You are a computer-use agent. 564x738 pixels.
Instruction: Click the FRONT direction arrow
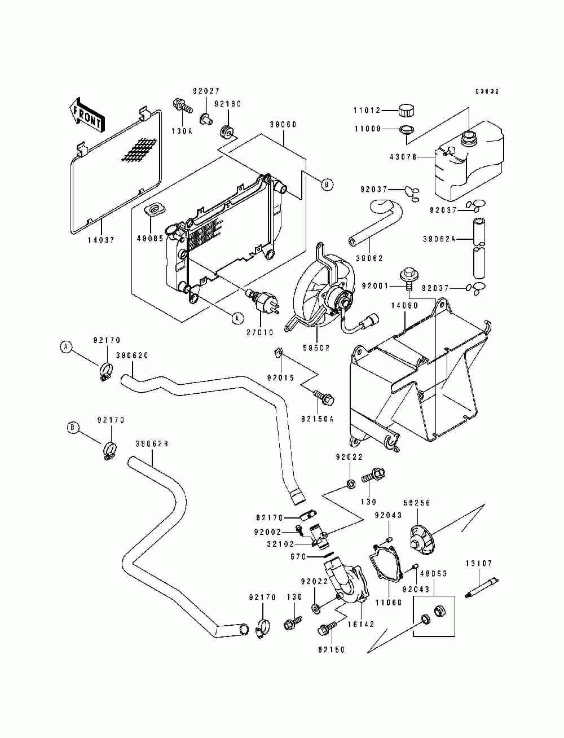(x=86, y=115)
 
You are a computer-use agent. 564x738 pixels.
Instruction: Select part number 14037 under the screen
(x=102, y=240)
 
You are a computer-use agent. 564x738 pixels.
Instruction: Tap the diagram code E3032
(x=487, y=91)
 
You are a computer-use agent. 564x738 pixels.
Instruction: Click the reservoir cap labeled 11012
(x=407, y=110)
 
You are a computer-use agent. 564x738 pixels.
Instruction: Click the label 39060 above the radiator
(x=283, y=125)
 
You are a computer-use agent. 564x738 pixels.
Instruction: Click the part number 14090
(x=405, y=306)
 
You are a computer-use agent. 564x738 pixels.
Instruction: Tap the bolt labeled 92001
(x=407, y=278)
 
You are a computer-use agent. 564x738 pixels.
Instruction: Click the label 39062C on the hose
(x=133, y=355)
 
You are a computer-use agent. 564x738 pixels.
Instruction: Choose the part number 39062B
(x=152, y=444)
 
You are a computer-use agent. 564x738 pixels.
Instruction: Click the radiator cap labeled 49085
(x=155, y=209)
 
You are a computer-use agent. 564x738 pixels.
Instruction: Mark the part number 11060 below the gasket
(x=389, y=603)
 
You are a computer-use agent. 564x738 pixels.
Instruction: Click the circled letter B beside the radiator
(x=327, y=184)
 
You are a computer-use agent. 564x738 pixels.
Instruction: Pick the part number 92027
(x=206, y=91)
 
